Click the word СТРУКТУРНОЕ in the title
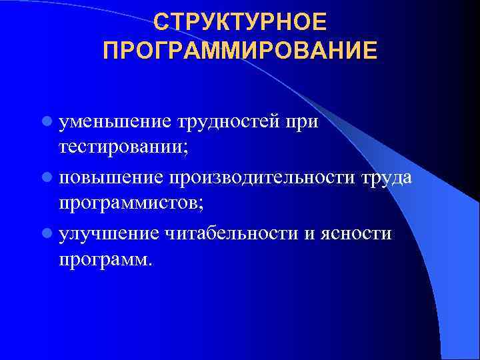click(x=240, y=22)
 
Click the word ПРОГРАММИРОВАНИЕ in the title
click(x=240, y=51)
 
